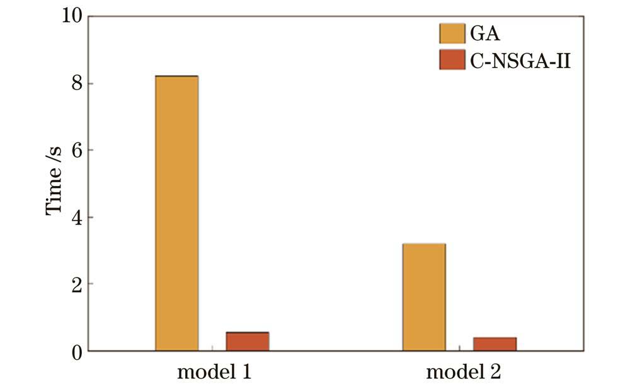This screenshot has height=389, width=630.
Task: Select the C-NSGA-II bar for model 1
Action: [x=248, y=341]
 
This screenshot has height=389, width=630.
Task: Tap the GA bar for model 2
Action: [x=424, y=297]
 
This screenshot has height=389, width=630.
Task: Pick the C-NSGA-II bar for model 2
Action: [x=495, y=344]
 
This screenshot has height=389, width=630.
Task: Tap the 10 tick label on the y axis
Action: [x=71, y=16]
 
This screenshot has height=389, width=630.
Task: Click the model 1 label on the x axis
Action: [x=214, y=372]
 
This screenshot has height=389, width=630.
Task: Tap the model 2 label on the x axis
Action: [x=464, y=372]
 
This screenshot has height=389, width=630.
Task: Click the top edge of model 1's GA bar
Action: [x=177, y=76]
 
